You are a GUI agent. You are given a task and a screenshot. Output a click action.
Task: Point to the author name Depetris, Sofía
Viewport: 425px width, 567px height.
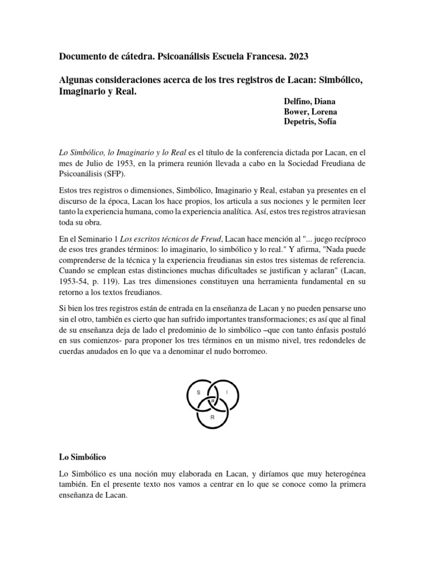[x=310, y=122]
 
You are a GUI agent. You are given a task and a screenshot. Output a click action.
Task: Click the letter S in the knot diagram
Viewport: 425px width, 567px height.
[x=198, y=392]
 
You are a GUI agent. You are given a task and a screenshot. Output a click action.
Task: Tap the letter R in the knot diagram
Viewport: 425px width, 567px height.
[x=212, y=416]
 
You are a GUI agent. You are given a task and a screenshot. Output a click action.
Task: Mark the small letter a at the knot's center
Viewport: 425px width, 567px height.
[x=212, y=400]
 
